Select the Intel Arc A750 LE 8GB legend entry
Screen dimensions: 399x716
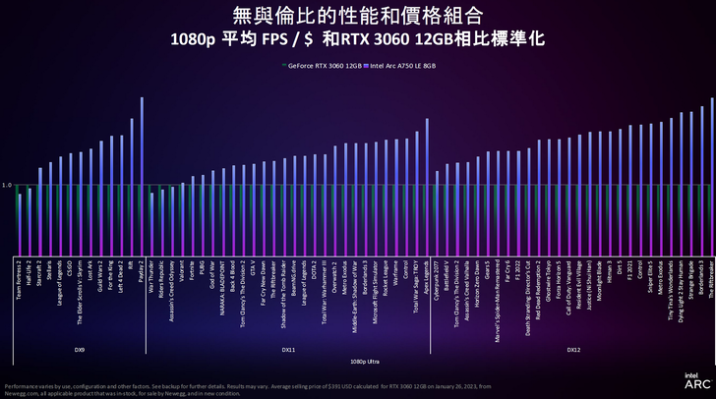point(399,66)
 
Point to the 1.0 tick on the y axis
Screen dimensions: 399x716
point(7,185)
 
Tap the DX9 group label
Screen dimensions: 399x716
point(80,348)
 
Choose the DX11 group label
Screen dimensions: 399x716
point(288,348)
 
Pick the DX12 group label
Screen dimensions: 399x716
point(572,348)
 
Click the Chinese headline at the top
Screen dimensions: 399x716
point(357,16)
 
